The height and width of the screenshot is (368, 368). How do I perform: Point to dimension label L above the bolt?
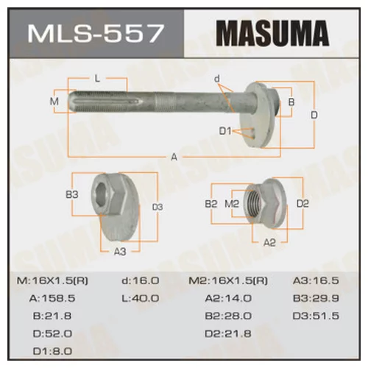(97, 78)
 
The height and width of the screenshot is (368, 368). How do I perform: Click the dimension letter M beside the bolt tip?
(53, 100)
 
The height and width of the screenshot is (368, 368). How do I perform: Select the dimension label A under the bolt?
(174, 155)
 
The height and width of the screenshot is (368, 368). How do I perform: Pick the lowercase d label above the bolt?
(216, 79)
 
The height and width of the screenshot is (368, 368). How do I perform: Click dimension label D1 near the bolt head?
(224, 132)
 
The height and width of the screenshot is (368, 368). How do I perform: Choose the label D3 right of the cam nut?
(157, 207)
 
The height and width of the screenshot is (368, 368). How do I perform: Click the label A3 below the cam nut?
(120, 250)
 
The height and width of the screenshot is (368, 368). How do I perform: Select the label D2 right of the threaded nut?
(302, 202)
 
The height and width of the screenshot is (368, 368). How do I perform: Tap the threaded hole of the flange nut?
(258, 200)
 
